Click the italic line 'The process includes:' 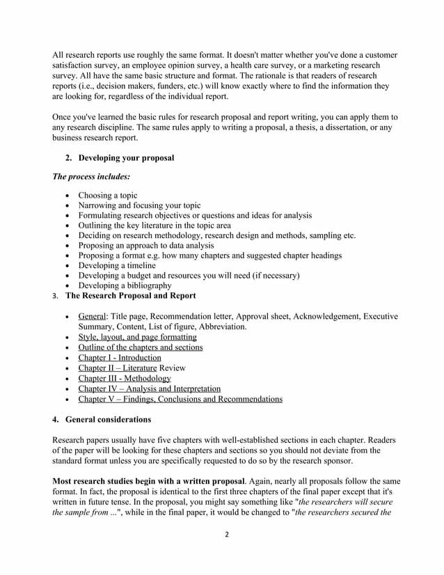tap(91, 178)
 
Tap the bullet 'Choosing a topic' tap(108, 196)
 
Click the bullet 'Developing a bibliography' tap(125, 285)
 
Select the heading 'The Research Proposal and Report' tap(130, 296)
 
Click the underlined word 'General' tap(92, 317)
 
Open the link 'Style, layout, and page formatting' tap(137, 337)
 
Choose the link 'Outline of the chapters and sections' tap(141, 347)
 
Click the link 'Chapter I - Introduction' tap(119, 358)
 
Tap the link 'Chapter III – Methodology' tap(124, 378)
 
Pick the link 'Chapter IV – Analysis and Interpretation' tap(149, 388)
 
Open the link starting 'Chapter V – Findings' tap(180, 399)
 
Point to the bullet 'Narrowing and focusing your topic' tap(139, 205)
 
